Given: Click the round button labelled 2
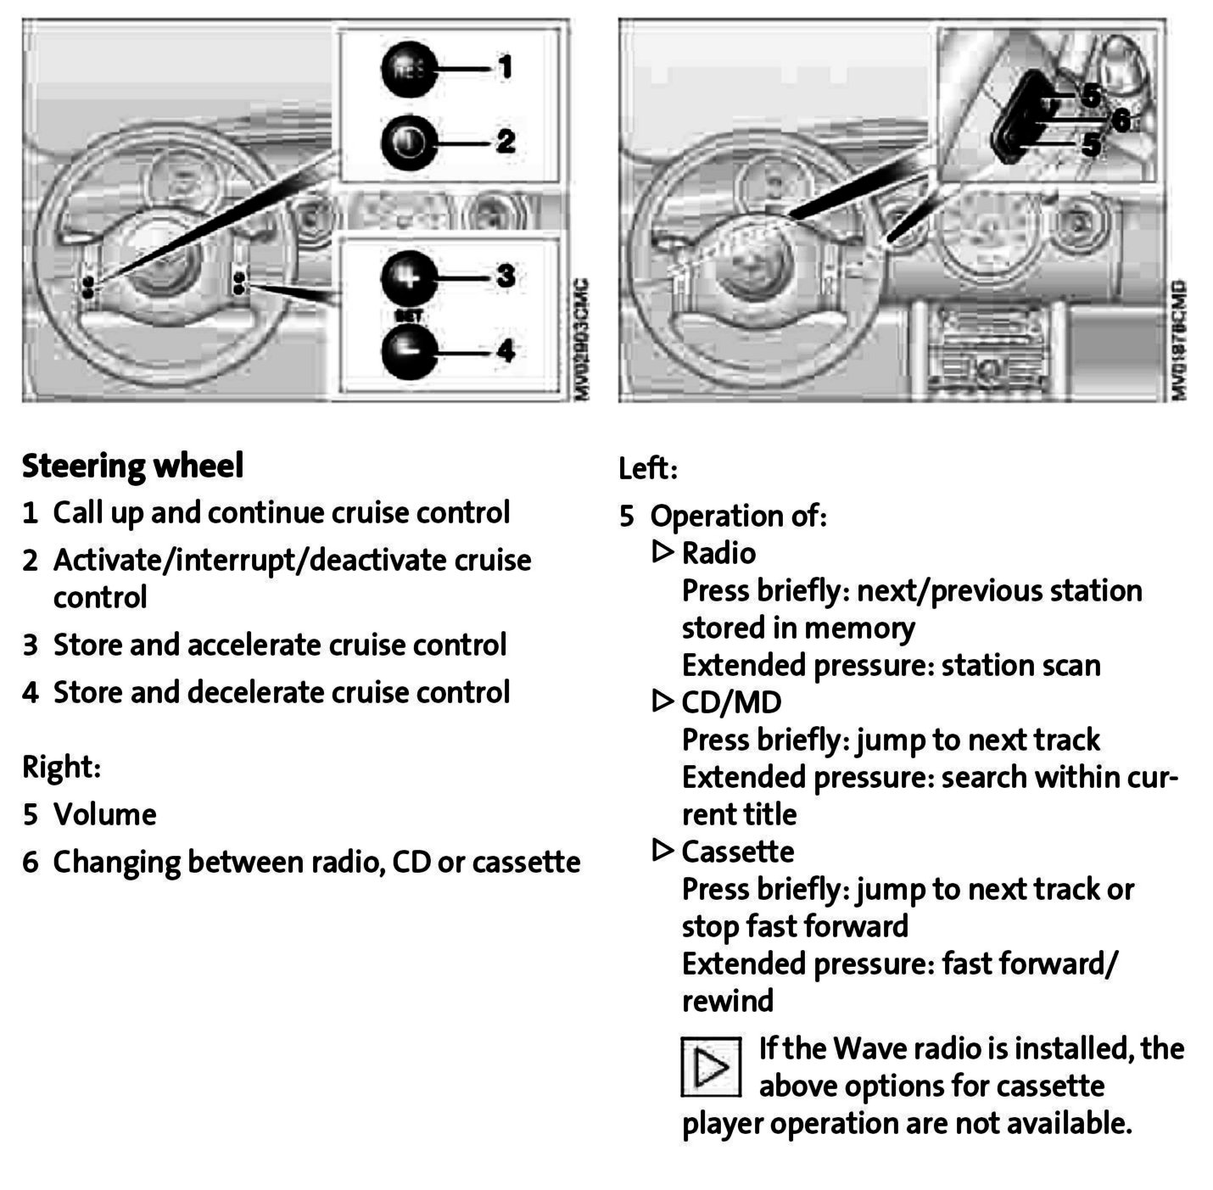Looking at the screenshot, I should coord(409,142).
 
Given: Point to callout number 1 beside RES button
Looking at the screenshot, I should coord(506,67).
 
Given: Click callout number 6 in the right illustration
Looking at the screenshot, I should coord(1121,121).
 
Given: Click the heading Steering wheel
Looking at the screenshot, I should coord(132,466).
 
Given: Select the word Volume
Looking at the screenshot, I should coord(105,814).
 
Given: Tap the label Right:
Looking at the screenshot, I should coord(61,767).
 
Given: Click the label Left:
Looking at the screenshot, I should coord(648,468).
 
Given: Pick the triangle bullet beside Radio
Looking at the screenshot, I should coord(662,552).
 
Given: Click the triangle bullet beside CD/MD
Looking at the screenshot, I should coord(662,701).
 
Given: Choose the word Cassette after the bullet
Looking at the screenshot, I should coord(738,852).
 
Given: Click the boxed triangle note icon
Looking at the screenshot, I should coord(711,1066).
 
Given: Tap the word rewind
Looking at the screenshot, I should coord(728,1001).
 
